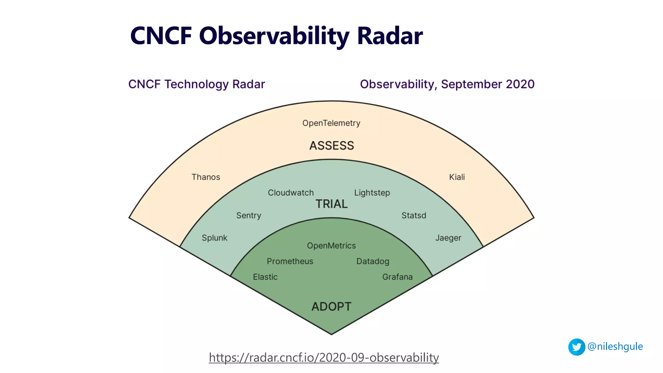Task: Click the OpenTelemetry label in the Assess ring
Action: pos(331,123)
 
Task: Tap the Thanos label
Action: pos(206,177)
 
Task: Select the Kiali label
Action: pos(457,177)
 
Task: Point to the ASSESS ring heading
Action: pos(331,146)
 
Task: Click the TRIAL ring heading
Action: pos(331,204)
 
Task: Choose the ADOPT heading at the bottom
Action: pos(331,307)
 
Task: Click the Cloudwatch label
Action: pos(291,193)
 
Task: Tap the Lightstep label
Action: pos(372,193)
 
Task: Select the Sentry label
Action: pos(249,216)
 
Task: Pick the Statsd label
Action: pos(414,216)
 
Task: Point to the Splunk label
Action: pos(214,238)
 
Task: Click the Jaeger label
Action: pos(448,238)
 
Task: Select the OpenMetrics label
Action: pos(331,246)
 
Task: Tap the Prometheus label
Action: pos(290,261)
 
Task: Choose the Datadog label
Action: pos(373,261)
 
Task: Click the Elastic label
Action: pos(265,277)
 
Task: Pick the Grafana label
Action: pos(397,277)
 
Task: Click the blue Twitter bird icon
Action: pos(577,347)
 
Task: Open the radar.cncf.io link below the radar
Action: pos(324,358)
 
